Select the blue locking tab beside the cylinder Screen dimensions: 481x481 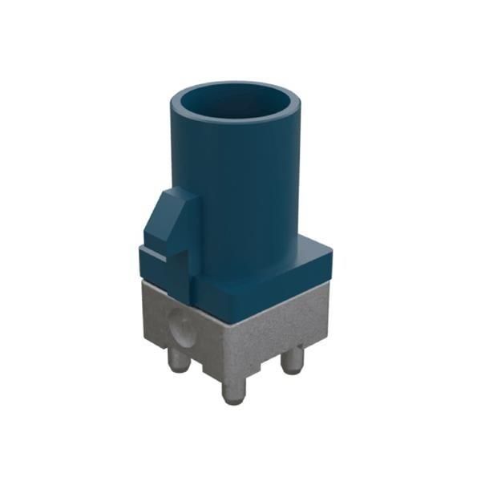click(x=170, y=224)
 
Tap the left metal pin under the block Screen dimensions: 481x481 click(x=178, y=361)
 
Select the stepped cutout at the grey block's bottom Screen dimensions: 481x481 click(x=210, y=369)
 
